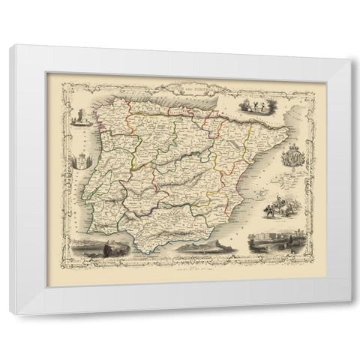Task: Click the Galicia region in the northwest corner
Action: [106, 121]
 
